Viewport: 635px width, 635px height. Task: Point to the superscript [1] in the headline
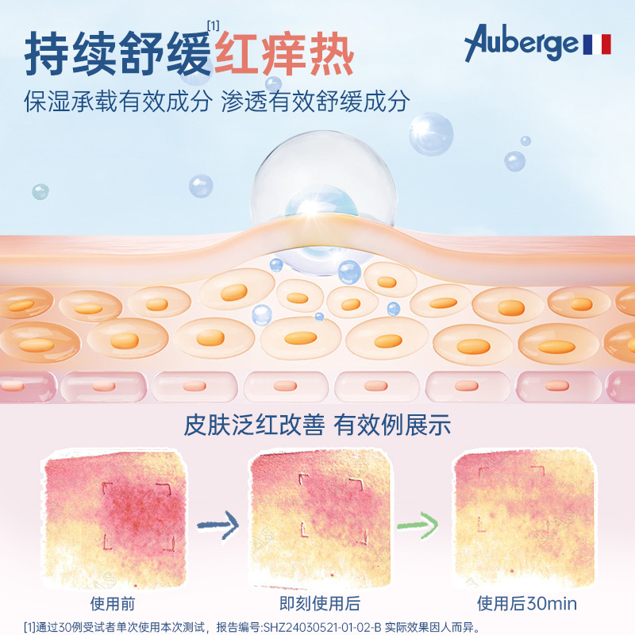coord(213,25)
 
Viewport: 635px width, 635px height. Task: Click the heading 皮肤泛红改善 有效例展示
coord(317,425)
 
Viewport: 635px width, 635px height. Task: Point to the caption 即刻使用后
coord(321,603)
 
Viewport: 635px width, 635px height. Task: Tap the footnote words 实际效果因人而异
coord(433,625)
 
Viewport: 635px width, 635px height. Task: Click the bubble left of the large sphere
coord(201,186)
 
